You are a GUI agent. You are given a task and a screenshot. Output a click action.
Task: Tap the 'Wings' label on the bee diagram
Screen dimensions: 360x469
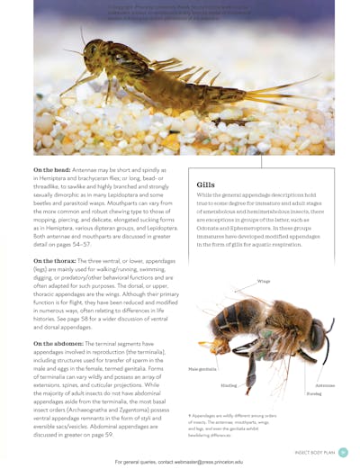263,282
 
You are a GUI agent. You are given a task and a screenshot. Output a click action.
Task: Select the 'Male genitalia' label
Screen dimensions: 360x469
202,369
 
